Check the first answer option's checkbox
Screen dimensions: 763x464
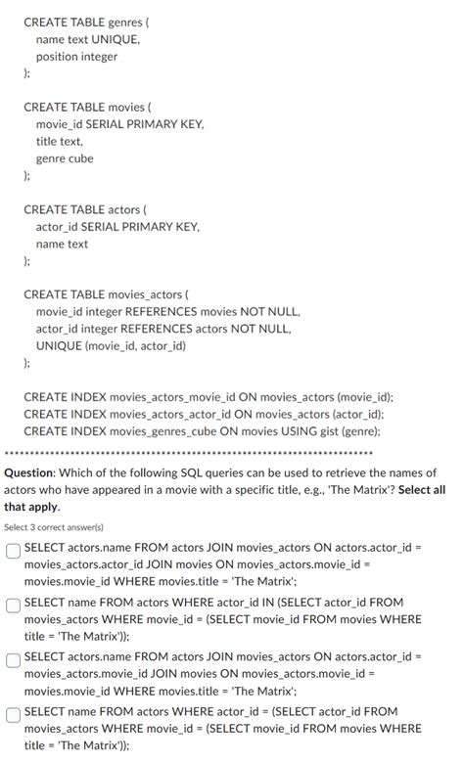pos(14,551)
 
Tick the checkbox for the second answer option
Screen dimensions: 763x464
pos(14,606)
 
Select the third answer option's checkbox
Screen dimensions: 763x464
pos(14,660)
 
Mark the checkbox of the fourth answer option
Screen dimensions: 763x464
pos(14,715)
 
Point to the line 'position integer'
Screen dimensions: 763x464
pos(76,57)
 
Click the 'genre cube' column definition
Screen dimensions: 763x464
pos(65,158)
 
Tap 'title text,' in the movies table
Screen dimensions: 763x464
pos(60,141)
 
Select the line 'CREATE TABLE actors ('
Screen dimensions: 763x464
pos(85,209)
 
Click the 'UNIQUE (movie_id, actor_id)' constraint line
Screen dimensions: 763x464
pos(111,345)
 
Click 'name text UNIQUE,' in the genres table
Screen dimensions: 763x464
pos(88,39)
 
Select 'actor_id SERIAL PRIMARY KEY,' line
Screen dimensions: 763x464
pos(117,227)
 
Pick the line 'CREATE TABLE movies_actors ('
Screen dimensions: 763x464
pos(106,293)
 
